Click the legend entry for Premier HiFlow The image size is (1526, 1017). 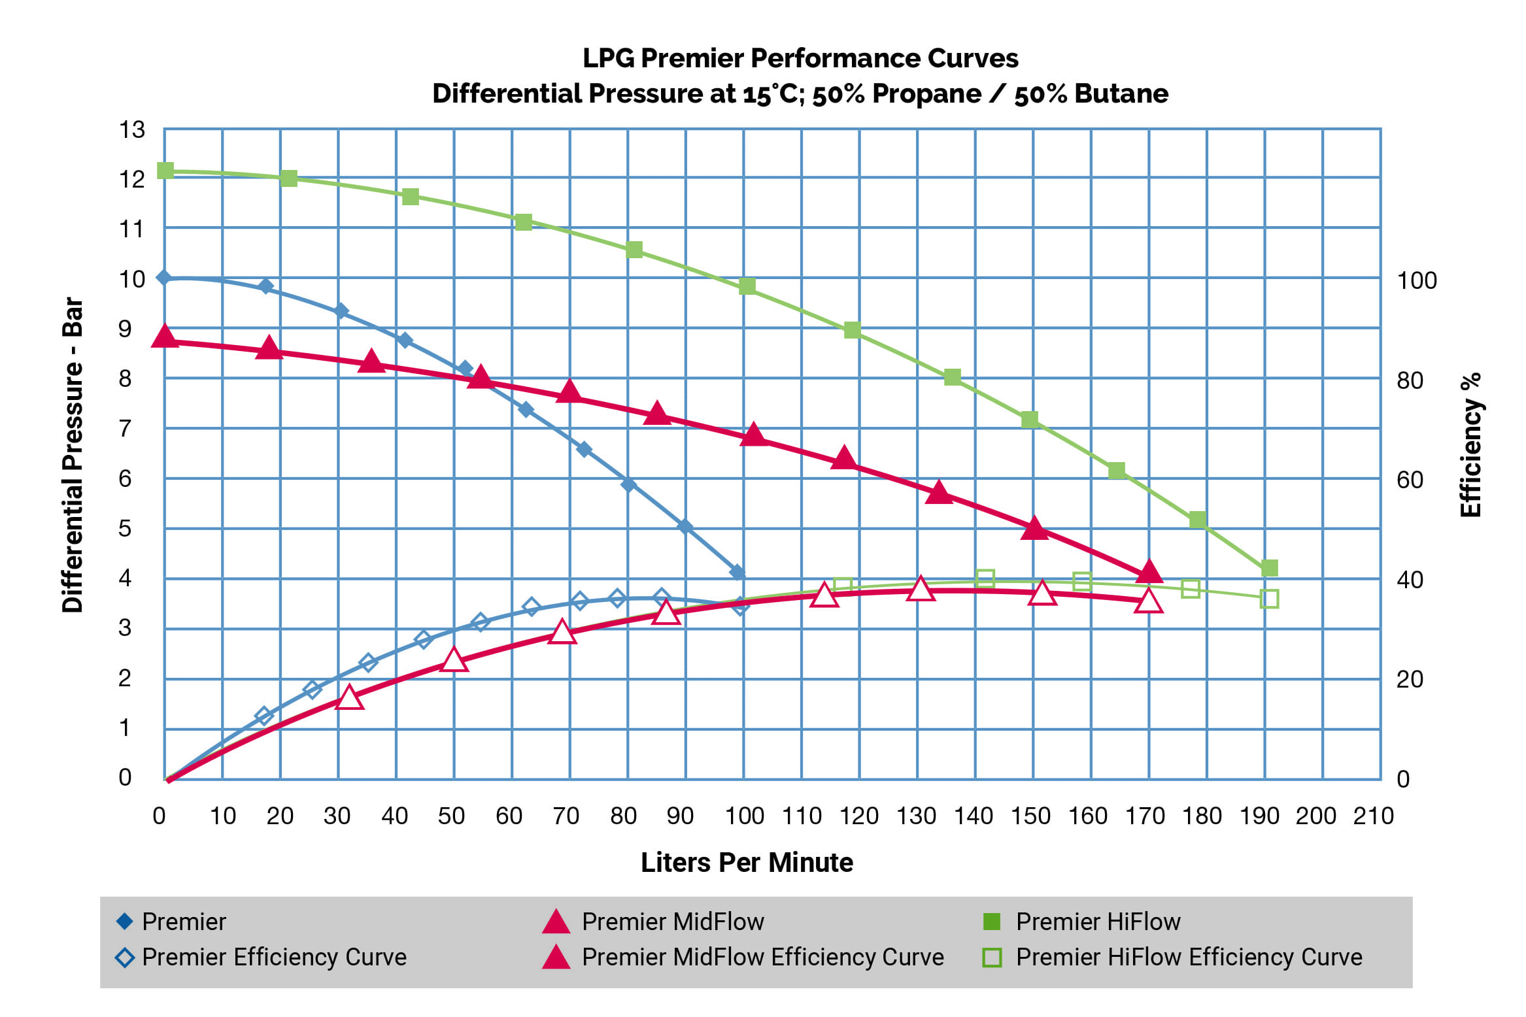click(1098, 922)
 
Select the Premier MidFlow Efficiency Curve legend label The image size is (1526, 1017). click(762, 957)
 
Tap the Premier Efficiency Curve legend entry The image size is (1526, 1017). click(274, 957)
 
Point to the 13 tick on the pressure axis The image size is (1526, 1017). click(131, 129)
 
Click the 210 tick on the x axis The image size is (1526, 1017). click(1373, 816)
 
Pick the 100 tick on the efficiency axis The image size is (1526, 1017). click(1416, 280)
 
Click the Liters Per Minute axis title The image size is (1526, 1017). click(747, 863)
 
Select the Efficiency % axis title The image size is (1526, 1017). click(1471, 445)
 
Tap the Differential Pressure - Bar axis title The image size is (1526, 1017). click(73, 455)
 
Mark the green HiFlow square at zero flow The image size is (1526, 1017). click(165, 171)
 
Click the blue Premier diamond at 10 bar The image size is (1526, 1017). click(164, 278)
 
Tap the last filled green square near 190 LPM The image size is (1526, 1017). click(1269, 568)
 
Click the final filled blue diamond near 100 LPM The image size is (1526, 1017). click(738, 573)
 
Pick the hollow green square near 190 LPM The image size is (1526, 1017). click(1269, 599)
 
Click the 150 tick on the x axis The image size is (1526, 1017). click(1030, 816)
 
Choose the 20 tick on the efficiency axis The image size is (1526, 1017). click(1410, 680)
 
